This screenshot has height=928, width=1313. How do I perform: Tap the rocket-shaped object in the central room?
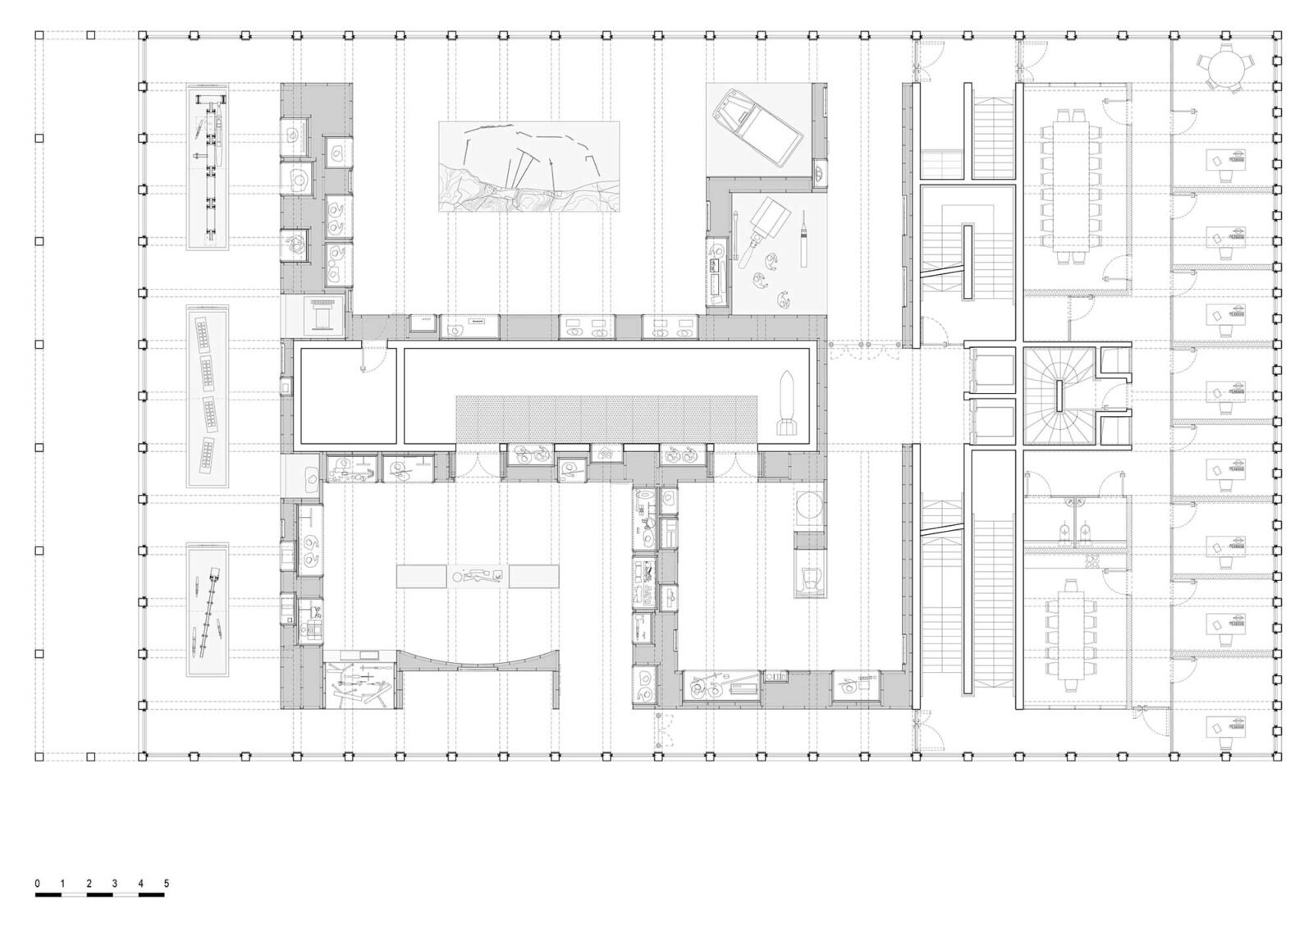click(787, 404)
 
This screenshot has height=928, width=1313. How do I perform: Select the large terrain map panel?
click(528, 167)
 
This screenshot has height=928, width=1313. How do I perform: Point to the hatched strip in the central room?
click(606, 418)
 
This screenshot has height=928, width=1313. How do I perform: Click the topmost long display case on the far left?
click(208, 167)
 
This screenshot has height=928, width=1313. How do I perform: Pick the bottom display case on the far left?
click(208, 610)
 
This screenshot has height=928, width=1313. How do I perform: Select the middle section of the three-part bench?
click(477, 576)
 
